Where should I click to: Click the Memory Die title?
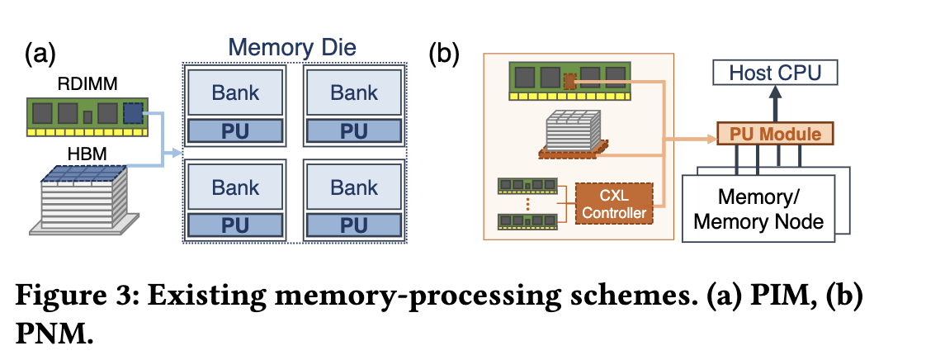293,47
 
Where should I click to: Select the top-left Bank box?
236,92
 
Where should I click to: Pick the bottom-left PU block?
236,225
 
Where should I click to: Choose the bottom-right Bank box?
354,187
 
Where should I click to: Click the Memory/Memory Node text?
759,209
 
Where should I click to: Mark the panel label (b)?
443,54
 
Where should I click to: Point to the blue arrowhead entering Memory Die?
175,152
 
